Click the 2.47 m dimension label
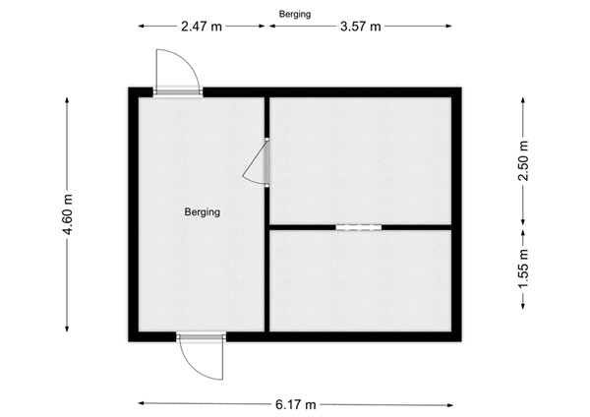[202, 27]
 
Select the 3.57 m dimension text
[360, 27]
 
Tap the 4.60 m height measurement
[67, 212]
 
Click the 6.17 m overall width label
[296, 403]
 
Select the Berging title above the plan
[295, 13]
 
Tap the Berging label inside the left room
[202, 211]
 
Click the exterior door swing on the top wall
[177, 71]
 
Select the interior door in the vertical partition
[259, 162]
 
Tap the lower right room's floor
[360, 280]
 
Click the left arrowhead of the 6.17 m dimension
[142, 403]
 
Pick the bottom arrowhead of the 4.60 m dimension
[67, 329]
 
